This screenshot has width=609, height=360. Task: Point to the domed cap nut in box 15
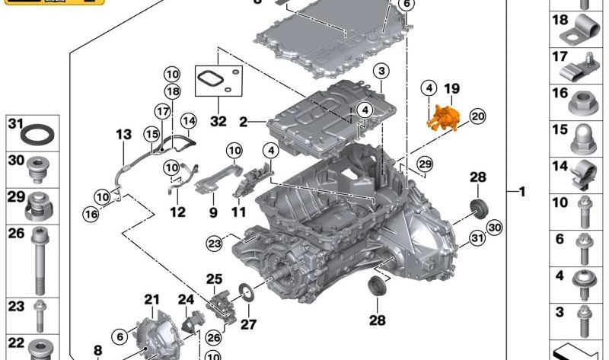pyautogui.click(x=583, y=137)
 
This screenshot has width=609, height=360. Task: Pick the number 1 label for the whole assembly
pyautogui.click(x=522, y=192)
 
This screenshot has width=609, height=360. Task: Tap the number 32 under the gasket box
pyautogui.click(x=218, y=119)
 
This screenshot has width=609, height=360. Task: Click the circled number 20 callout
pyautogui.click(x=477, y=116)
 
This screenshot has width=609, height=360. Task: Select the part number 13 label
pyautogui.click(x=124, y=135)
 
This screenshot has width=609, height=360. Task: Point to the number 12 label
pyautogui.click(x=177, y=212)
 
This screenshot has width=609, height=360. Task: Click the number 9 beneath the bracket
pyautogui.click(x=213, y=212)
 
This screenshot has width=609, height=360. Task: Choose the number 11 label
pyautogui.click(x=239, y=212)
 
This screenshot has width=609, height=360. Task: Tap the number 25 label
pyautogui.click(x=214, y=279)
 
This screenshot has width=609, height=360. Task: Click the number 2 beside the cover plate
pyautogui.click(x=243, y=121)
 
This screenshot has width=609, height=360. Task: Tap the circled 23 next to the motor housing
pyautogui.click(x=214, y=243)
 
